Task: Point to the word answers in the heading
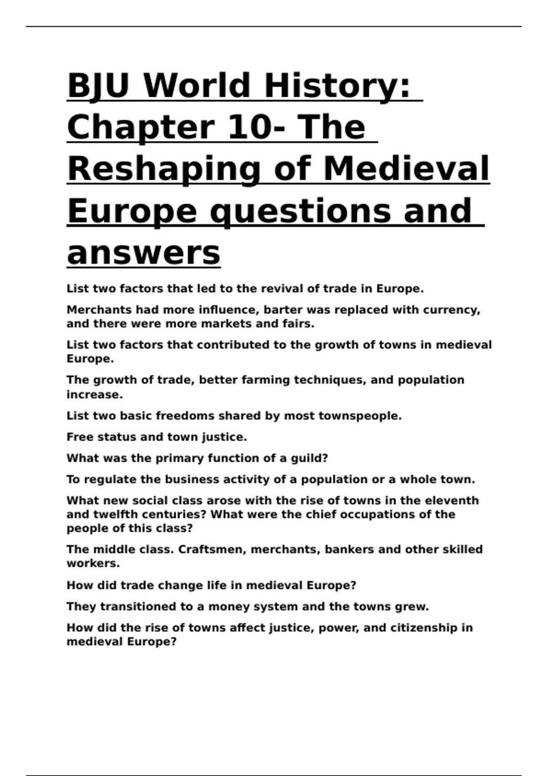(143, 253)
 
